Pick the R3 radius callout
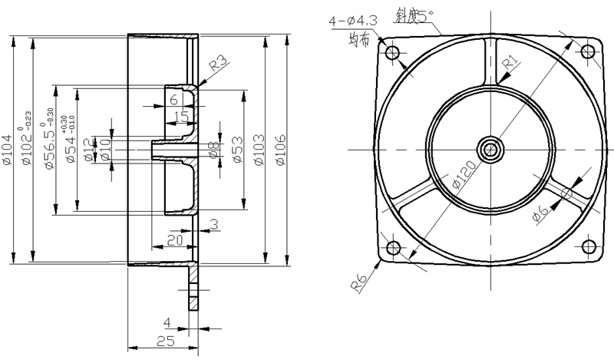pos(217,63)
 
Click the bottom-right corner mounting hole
pos(588,246)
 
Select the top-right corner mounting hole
pos(588,51)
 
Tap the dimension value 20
pos(174,240)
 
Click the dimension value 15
pos(181,116)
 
